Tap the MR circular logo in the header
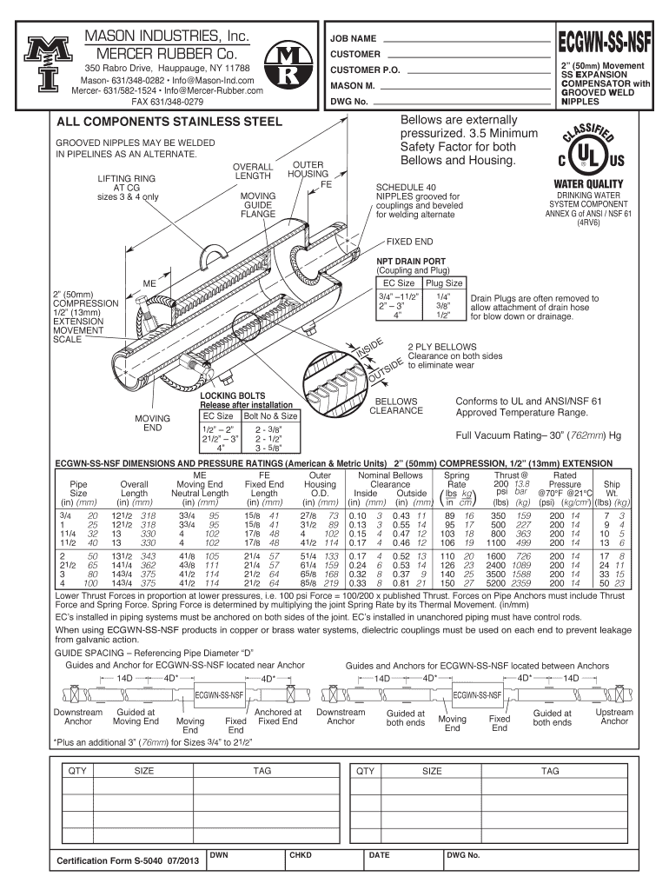click(x=287, y=69)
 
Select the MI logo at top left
click(x=41, y=63)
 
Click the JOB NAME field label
click(x=352, y=40)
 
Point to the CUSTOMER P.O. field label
click(x=364, y=70)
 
